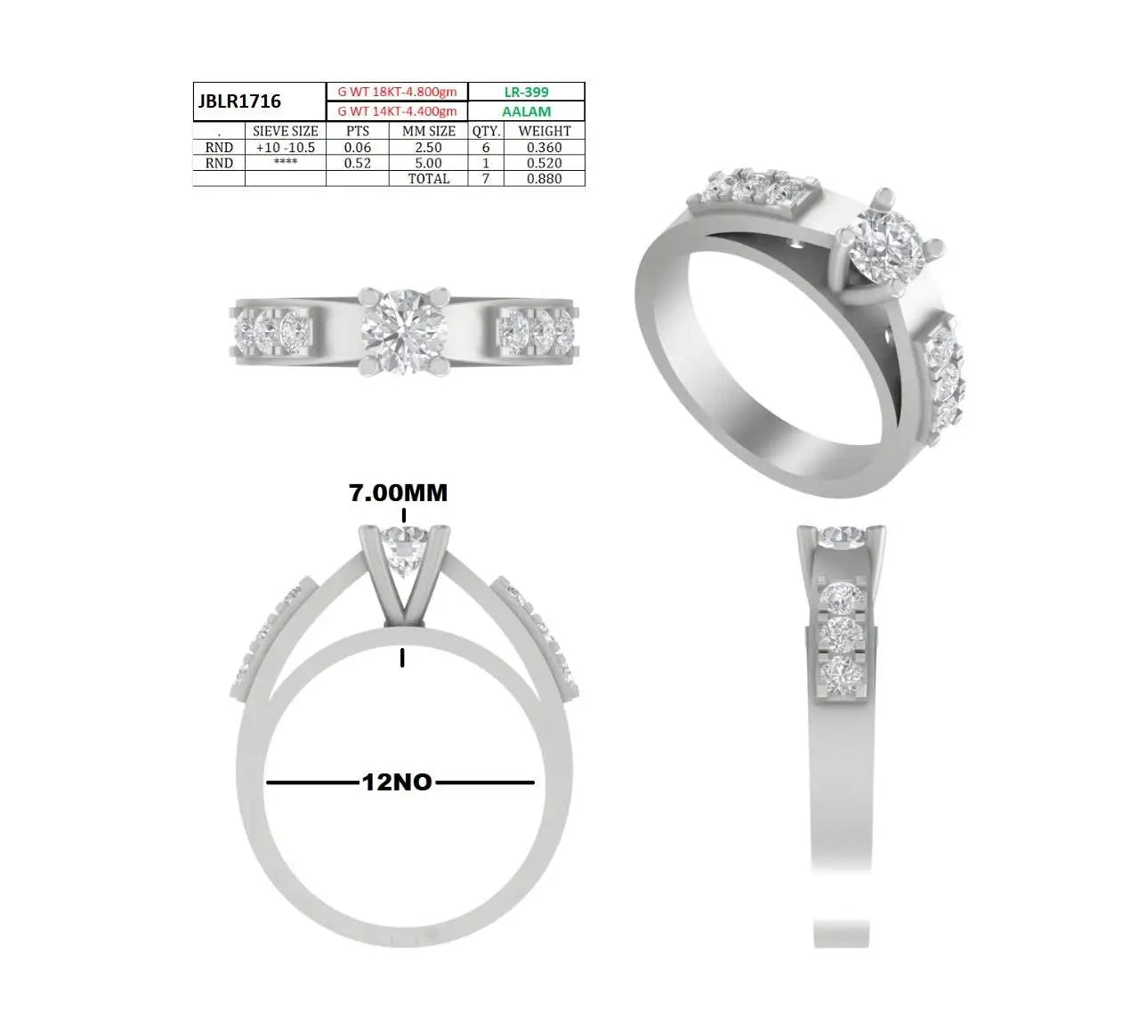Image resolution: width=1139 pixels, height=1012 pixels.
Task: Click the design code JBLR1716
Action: [239, 101]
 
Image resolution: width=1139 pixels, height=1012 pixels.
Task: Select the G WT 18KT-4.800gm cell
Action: [397, 92]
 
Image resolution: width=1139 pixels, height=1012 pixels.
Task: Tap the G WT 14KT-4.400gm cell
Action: [397, 111]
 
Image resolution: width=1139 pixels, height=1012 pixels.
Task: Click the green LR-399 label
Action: [526, 92]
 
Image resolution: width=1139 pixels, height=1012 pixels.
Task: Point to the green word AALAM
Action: [526, 111]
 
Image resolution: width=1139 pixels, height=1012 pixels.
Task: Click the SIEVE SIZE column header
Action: [285, 131]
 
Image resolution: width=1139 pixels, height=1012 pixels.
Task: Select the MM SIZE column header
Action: [428, 131]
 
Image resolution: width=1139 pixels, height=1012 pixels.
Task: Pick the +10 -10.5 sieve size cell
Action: [285, 148]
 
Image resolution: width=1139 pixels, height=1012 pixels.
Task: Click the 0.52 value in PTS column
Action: [358, 163]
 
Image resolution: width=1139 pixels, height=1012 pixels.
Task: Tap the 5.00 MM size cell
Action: [428, 163]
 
